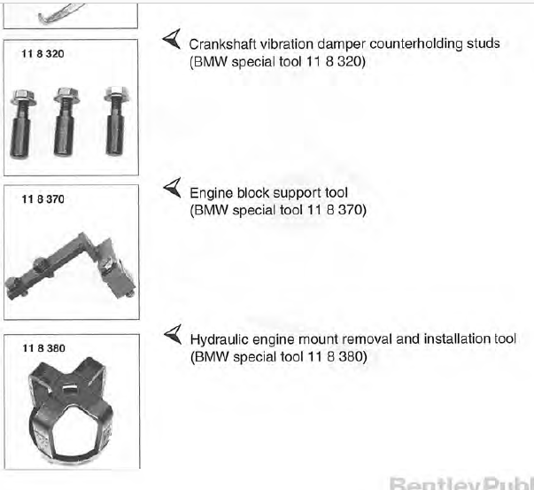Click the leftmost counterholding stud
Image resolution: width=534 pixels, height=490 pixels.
(22, 124)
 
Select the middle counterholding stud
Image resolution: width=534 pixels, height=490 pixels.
(66, 121)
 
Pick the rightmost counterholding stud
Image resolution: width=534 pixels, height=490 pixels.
(117, 121)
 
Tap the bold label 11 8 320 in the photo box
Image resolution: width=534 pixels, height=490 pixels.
(43, 54)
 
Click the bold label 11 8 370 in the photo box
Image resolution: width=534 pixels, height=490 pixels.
(43, 199)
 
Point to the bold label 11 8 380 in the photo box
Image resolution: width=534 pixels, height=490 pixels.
(43, 348)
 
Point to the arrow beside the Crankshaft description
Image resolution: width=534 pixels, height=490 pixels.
(173, 39)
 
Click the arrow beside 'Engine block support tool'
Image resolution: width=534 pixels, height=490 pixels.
(173, 188)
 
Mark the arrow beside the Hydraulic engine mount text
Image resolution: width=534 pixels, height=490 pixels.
(173, 334)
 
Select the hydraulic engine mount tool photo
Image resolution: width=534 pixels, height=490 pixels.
(70, 410)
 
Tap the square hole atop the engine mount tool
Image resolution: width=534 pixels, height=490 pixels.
(70, 388)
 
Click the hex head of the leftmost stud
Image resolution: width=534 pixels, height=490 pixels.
(23, 97)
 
